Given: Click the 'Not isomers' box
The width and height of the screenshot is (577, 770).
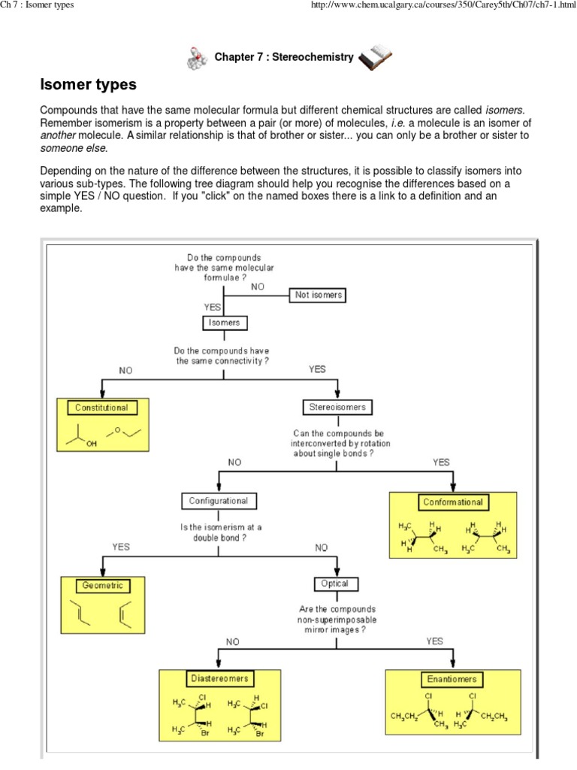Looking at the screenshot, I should click(x=319, y=296).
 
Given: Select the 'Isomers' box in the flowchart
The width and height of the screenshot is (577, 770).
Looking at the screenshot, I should click(x=225, y=323).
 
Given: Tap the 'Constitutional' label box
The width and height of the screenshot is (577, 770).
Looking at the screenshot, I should click(x=101, y=408).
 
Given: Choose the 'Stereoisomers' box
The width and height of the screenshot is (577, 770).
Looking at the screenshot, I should click(x=338, y=408).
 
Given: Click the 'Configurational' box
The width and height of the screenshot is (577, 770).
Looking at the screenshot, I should click(x=219, y=501).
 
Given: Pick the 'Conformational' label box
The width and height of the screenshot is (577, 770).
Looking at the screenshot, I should click(x=453, y=502).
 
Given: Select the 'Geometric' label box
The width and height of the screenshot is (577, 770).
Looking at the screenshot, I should click(x=102, y=586).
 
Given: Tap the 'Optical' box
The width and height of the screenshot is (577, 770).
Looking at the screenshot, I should click(x=336, y=584).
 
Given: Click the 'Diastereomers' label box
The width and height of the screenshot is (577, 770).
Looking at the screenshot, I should click(x=219, y=679).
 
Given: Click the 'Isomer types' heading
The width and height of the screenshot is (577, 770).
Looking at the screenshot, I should click(x=88, y=84).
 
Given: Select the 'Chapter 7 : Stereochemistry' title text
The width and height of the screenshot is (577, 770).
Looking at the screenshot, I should click(x=284, y=57).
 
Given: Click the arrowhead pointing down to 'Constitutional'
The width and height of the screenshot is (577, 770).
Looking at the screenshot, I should click(x=101, y=394).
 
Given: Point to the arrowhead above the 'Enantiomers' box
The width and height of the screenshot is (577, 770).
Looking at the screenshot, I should click(x=453, y=665).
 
